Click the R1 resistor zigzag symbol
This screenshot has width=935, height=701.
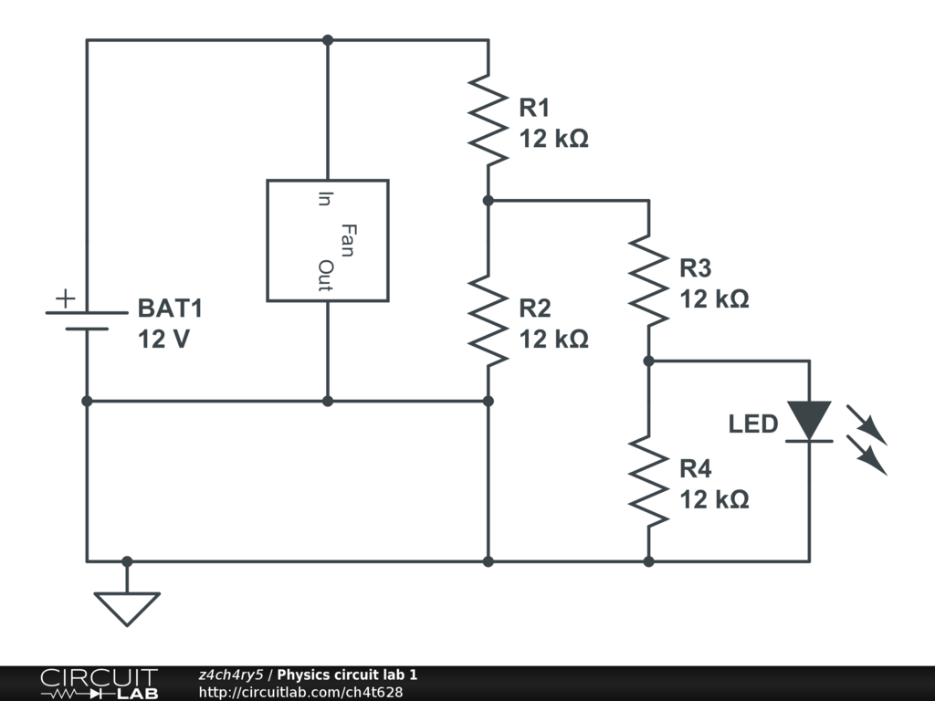[488, 120]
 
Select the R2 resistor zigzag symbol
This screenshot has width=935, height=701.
[488, 320]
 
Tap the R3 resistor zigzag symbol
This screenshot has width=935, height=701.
[648, 280]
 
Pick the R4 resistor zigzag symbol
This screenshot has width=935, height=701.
[648, 481]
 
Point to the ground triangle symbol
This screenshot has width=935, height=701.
[127, 608]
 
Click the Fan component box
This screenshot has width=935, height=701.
[327, 240]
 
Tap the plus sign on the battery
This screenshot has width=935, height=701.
[65, 298]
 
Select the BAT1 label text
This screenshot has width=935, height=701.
[170, 309]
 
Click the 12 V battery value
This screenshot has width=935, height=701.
[164, 340]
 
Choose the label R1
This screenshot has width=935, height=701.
[534, 108]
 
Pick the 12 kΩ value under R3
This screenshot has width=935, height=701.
[714, 299]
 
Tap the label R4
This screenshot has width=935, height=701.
[695, 469]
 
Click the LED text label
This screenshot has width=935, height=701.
[753, 424]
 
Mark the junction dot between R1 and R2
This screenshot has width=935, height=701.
[488, 200]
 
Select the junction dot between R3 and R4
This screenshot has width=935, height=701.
[648, 361]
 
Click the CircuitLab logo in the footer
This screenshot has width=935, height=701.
[99, 684]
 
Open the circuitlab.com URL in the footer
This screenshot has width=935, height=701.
[300, 692]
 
